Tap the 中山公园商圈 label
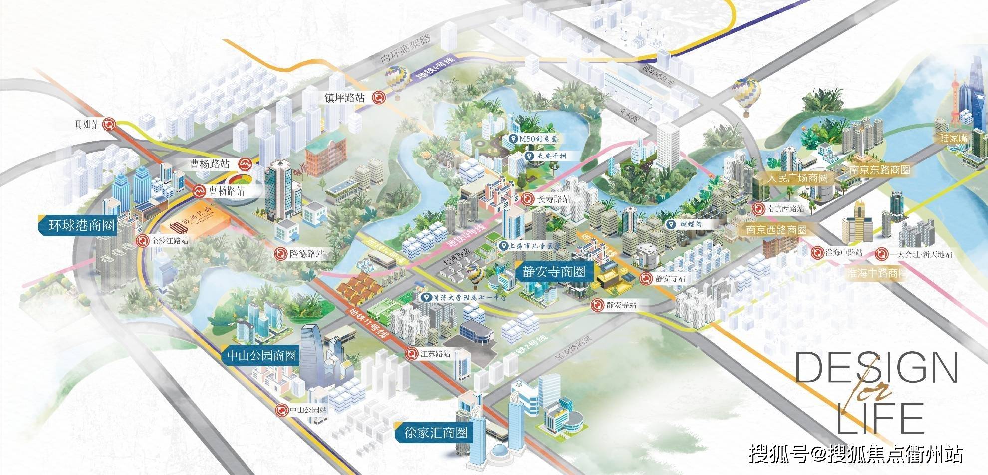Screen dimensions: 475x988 pyautogui.click(x=261, y=356)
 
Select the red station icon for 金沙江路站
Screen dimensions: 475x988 pyautogui.click(x=143, y=241)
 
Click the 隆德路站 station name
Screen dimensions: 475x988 pyautogui.click(x=306, y=254)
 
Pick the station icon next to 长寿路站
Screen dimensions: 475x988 pyautogui.click(x=526, y=199)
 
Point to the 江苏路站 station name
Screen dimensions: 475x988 pyautogui.click(x=435, y=354)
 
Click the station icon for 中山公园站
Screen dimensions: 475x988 pyautogui.click(x=281, y=410)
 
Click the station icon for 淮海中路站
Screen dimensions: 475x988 pyautogui.click(x=816, y=253)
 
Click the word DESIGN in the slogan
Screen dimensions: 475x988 pyautogui.click(x=876, y=368)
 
